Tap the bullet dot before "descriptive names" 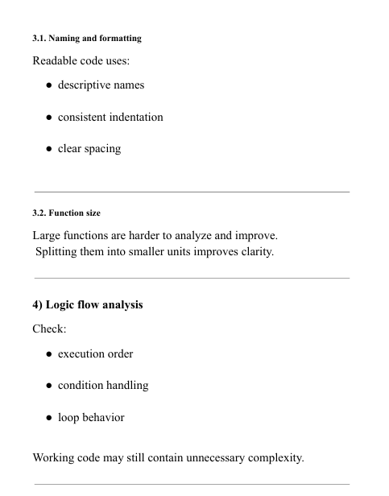pos(49,85)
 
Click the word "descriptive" pos(87,85)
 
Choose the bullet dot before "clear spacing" pos(49,149)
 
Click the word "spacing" pos(103,149)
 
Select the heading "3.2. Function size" pos(66,213)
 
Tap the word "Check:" pos(49,329)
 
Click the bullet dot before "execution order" pos(49,353)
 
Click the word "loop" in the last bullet pos(69,418)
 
